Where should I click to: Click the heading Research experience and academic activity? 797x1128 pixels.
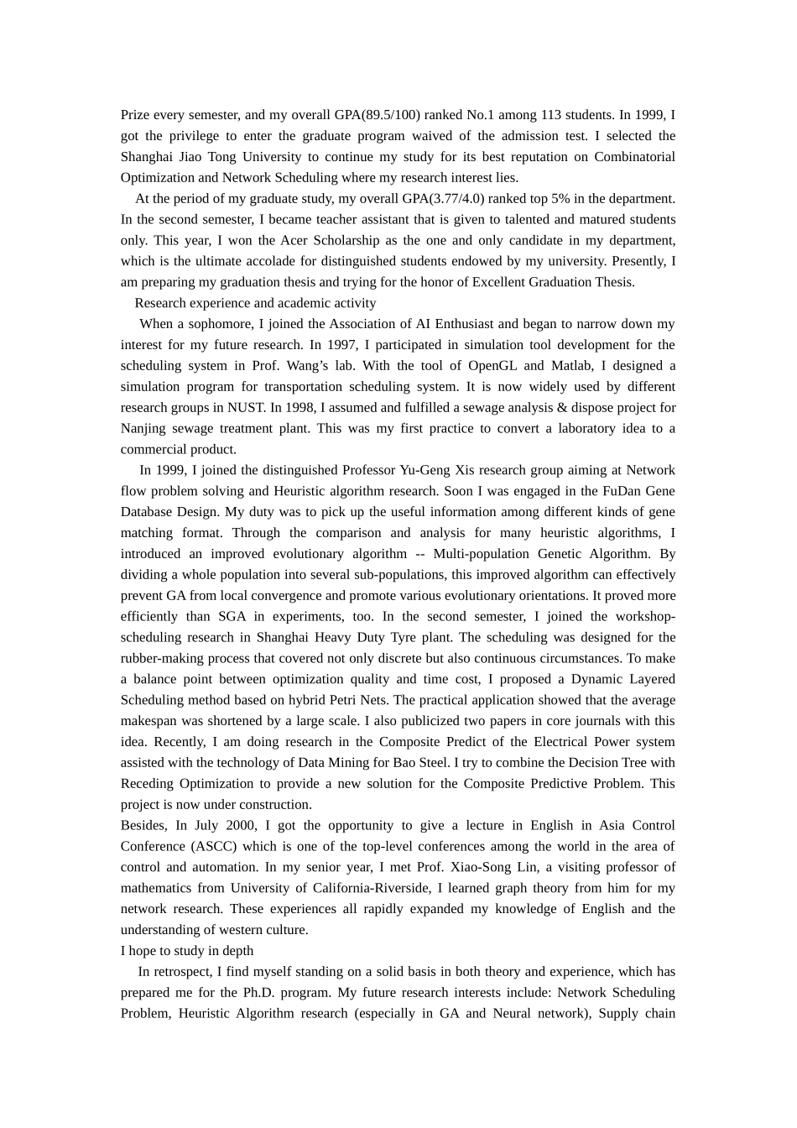pyautogui.click(x=255, y=303)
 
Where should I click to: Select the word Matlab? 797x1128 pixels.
pyautogui.click(x=571, y=366)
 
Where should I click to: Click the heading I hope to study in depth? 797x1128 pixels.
pyautogui.click(x=187, y=951)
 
